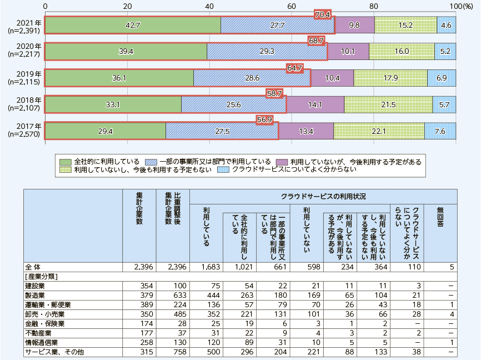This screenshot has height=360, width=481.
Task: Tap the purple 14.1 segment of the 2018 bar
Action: coord(315,104)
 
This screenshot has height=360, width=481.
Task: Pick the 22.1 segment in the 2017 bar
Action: coord(379,131)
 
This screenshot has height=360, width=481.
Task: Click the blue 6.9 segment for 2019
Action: coord(442,78)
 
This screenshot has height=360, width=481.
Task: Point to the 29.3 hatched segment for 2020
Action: coord(267,52)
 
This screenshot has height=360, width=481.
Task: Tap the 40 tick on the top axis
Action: coord(209,6)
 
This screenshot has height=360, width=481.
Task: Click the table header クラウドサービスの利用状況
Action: coord(323,197)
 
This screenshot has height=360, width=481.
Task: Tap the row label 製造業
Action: coord(36,295)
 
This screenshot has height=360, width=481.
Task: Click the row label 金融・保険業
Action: coord(44,323)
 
